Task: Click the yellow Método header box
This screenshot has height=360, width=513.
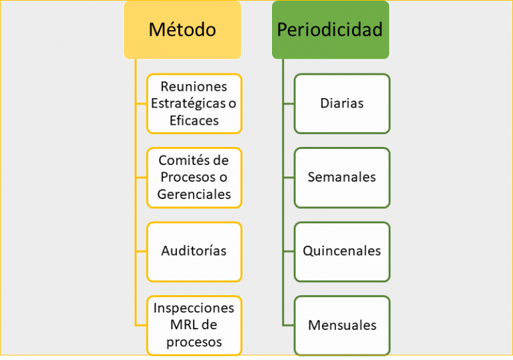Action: pyautogui.click(x=182, y=29)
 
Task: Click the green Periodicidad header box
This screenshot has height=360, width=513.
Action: pyautogui.click(x=330, y=29)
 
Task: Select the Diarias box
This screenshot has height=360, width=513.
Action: pyautogui.click(x=341, y=104)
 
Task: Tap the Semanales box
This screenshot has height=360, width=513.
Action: pyautogui.click(x=341, y=178)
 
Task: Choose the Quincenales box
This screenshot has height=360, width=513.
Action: pyautogui.click(x=341, y=252)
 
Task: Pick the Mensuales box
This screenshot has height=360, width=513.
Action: pyautogui.click(x=341, y=326)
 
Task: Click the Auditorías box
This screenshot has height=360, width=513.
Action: pyautogui.click(x=194, y=252)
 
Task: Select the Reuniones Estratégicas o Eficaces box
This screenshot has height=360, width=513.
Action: pyautogui.click(x=194, y=104)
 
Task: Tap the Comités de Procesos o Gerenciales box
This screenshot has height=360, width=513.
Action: pyautogui.click(x=194, y=178)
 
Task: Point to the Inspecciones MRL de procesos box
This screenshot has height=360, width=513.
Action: pyautogui.click(x=194, y=326)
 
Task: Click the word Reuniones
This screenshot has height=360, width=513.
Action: pyautogui.click(x=194, y=87)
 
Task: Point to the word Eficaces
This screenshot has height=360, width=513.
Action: pyautogui.click(x=194, y=121)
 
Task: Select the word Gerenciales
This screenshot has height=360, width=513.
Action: pyautogui.click(x=194, y=195)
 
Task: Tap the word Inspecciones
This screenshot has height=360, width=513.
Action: pyautogui.click(x=194, y=309)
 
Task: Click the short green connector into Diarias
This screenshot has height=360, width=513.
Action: pyautogui.click(x=288, y=104)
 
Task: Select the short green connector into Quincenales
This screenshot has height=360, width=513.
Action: pyautogui.click(x=288, y=252)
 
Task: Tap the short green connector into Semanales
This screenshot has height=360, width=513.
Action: pyautogui.click(x=288, y=178)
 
